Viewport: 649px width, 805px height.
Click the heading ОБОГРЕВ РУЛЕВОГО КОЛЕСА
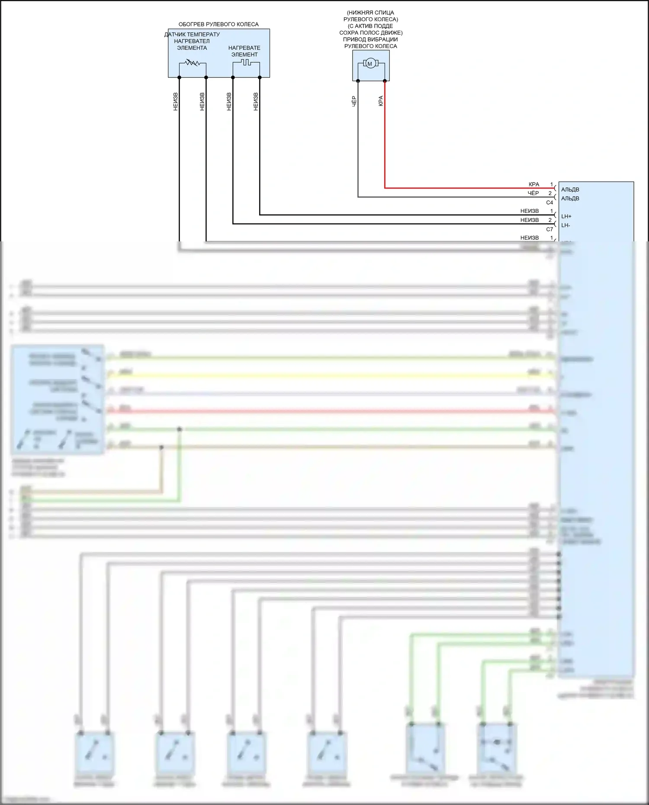pos(218,24)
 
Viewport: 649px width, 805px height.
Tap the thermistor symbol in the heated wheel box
pos(192,63)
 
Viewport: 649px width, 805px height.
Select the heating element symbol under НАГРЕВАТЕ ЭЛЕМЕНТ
pos(246,63)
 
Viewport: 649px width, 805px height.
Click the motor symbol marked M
pos(369,64)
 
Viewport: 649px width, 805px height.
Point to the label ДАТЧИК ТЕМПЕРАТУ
pos(192,34)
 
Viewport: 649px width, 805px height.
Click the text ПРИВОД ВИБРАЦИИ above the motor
pos(370,39)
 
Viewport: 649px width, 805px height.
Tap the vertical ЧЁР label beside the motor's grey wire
pos(354,101)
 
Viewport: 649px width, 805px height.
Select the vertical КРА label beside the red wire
pos(381,101)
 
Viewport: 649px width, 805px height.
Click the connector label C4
pos(549,202)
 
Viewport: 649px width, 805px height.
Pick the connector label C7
pos(549,229)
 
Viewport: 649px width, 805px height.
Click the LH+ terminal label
pos(566,216)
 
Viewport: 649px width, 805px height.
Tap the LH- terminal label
pos(566,225)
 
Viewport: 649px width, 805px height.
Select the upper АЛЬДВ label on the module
pos(570,189)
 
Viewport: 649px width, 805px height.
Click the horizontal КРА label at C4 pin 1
pos(534,184)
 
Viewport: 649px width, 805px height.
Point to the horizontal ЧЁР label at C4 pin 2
pos(533,193)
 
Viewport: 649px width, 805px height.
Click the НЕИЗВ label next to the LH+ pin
pos(530,211)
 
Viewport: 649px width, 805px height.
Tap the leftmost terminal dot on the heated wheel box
pos(179,77)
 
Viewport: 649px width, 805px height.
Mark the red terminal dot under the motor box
pos(385,81)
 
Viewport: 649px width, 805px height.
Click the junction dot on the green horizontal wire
pos(180,429)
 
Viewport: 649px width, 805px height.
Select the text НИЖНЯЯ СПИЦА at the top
pos(371,13)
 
